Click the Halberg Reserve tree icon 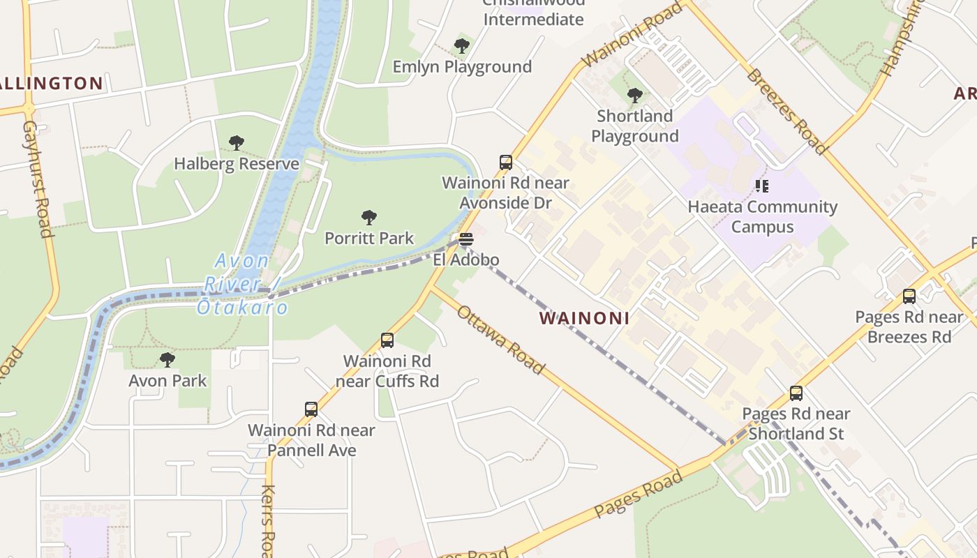click(x=237, y=143)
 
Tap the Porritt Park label click(x=369, y=238)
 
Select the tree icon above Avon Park click(x=167, y=360)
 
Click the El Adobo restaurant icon click(x=466, y=239)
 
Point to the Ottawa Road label click(x=500, y=340)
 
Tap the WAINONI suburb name click(x=584, y=319)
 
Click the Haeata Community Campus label click(x=762, y=217)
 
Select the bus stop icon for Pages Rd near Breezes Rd click(x=909, y=296)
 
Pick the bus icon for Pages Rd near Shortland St click(x=796, y=393)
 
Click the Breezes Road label click(x=786, y=111)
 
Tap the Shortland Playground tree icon click(x=634, y=95)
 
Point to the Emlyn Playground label click(x=462, y=67)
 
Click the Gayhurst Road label click(x=38, y=179)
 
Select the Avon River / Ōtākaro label click(x=242, y=284)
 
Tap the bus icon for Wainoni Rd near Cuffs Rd click(x=387, y=340)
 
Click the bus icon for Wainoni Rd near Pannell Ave click(x=311, y=409)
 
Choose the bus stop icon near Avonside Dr click(x=506, y=163)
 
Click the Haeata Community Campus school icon click(x=762, y=186)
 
